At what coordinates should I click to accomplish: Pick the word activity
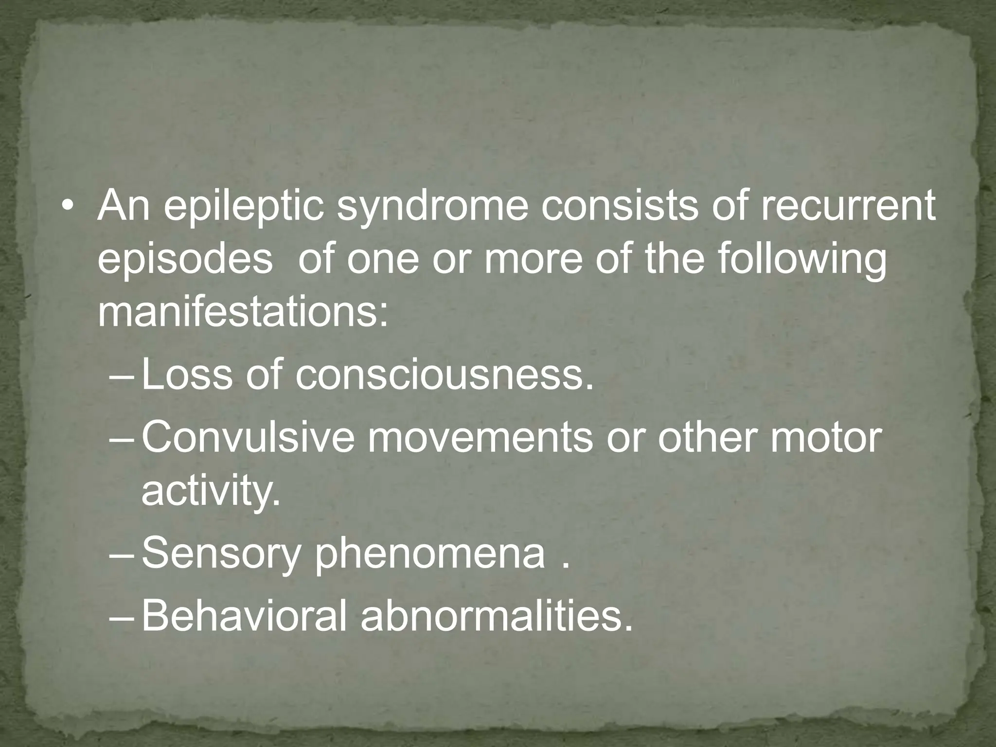[x=211, y=491]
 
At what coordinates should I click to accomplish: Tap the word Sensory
[x=219, y=554]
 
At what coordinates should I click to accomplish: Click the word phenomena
[x=429, y=554]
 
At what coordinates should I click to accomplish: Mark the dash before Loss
[x=123, y=376]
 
